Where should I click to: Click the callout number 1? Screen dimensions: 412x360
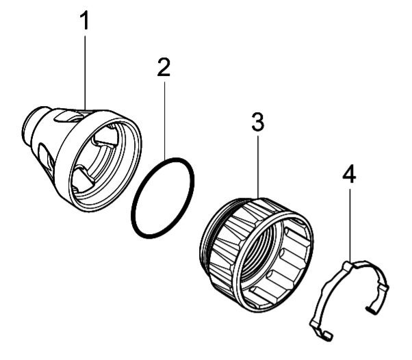(85, 21)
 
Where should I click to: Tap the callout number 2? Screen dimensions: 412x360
(164, 67)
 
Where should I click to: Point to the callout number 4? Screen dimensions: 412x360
(350, 175)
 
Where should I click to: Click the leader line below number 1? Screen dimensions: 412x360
(85, 73)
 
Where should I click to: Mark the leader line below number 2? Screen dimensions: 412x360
(165, 120)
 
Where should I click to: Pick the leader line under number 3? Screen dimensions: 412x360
(258, 166)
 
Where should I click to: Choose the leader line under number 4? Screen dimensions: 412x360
(350, 225)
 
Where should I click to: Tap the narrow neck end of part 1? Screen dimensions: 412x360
(29, 126)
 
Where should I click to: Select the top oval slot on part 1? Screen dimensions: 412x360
(67, 116)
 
